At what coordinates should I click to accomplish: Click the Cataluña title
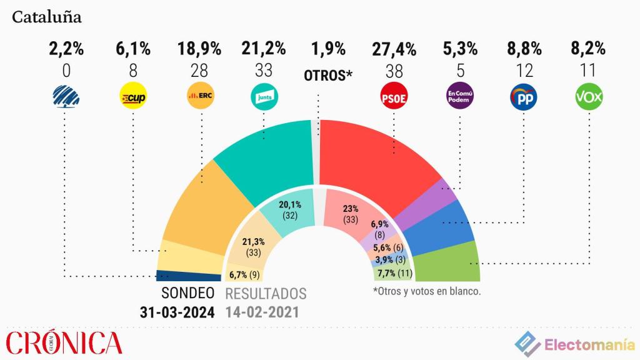tap(47, 17)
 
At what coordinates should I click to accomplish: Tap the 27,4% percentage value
tap(393, 49)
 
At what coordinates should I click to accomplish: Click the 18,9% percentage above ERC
tap(201, 49)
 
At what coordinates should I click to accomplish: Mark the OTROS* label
tap(328, 76)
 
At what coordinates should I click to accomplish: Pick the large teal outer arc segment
tap(269, 156)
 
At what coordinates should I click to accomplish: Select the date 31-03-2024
tap(177, 312)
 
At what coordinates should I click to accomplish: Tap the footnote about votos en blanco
tap(426, 291)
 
